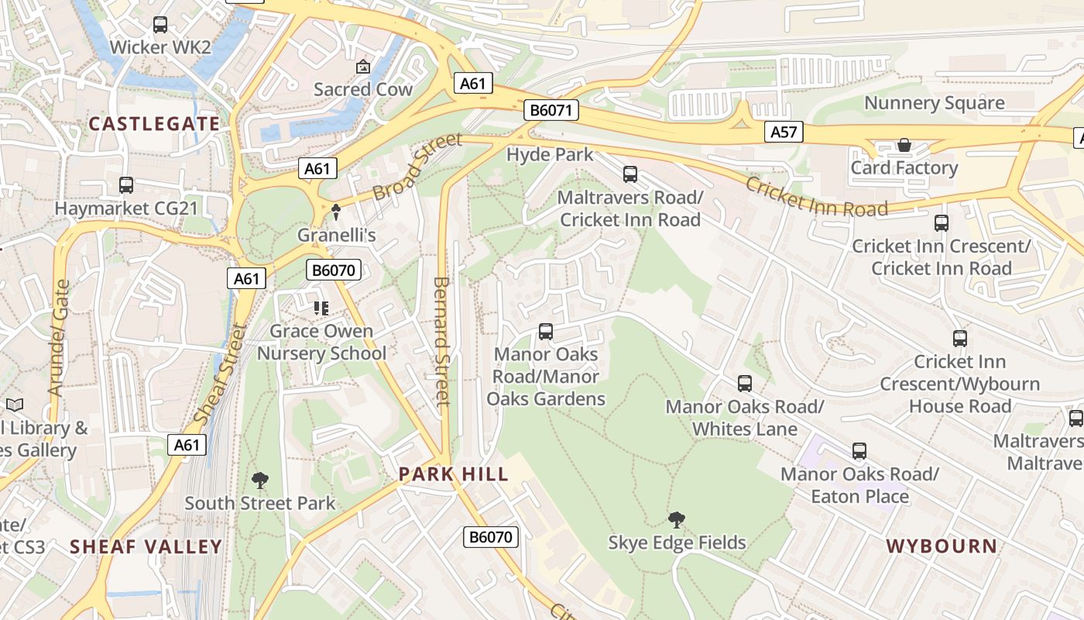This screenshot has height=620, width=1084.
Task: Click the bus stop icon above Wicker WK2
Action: [160, 25]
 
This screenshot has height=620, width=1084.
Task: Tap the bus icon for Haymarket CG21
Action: [126, 185]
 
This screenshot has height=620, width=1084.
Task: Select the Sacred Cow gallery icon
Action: [362, 67]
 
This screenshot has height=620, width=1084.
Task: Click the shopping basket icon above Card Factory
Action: [904, 145]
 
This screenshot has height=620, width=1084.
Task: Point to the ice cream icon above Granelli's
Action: [336, 211]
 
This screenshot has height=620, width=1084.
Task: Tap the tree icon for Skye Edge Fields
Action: [677, 519]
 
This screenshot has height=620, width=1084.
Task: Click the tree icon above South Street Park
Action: [260, 480]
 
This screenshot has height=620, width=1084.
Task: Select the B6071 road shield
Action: [551, 110]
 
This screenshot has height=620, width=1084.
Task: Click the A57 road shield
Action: [784, 132]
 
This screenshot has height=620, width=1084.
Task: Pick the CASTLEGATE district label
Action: [154, 124]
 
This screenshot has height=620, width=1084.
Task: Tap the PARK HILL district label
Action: [454, 474]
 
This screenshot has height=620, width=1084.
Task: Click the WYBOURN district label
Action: [942, 546]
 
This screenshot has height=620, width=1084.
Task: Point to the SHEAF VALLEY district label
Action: [146, 546]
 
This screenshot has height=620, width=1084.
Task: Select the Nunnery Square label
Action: [934, 103]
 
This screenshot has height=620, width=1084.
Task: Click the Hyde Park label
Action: [550, 154]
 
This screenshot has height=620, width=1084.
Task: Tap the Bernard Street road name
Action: [441, 341]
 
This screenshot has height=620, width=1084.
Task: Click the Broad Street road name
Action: [417, 166]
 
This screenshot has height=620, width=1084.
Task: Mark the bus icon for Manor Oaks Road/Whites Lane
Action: [745, 384]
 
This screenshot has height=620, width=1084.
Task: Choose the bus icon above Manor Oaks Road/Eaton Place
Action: [859, 451]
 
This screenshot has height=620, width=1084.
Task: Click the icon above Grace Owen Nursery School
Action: [321, 308]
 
